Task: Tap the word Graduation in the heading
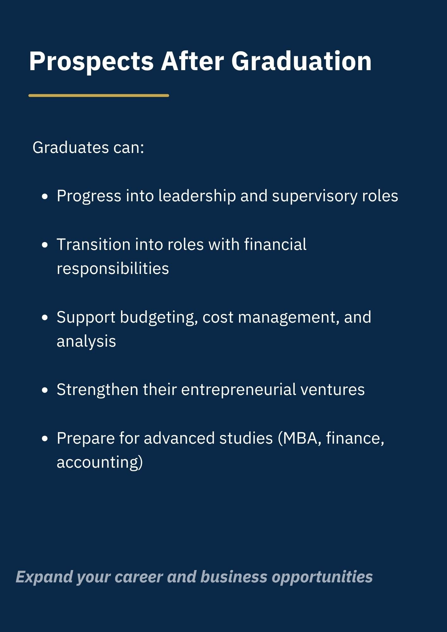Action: (301, 61)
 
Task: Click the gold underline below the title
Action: (99, 95)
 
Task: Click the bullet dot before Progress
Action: (45, 197)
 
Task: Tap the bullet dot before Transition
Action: (45, 245)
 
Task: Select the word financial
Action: (275, 244)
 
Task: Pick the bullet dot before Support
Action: (45, 318)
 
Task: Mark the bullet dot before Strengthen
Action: (45, 390)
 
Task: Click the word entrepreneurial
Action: (239, 390)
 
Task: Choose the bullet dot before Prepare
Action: (45, 439)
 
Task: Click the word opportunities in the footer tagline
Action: (322, 577)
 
